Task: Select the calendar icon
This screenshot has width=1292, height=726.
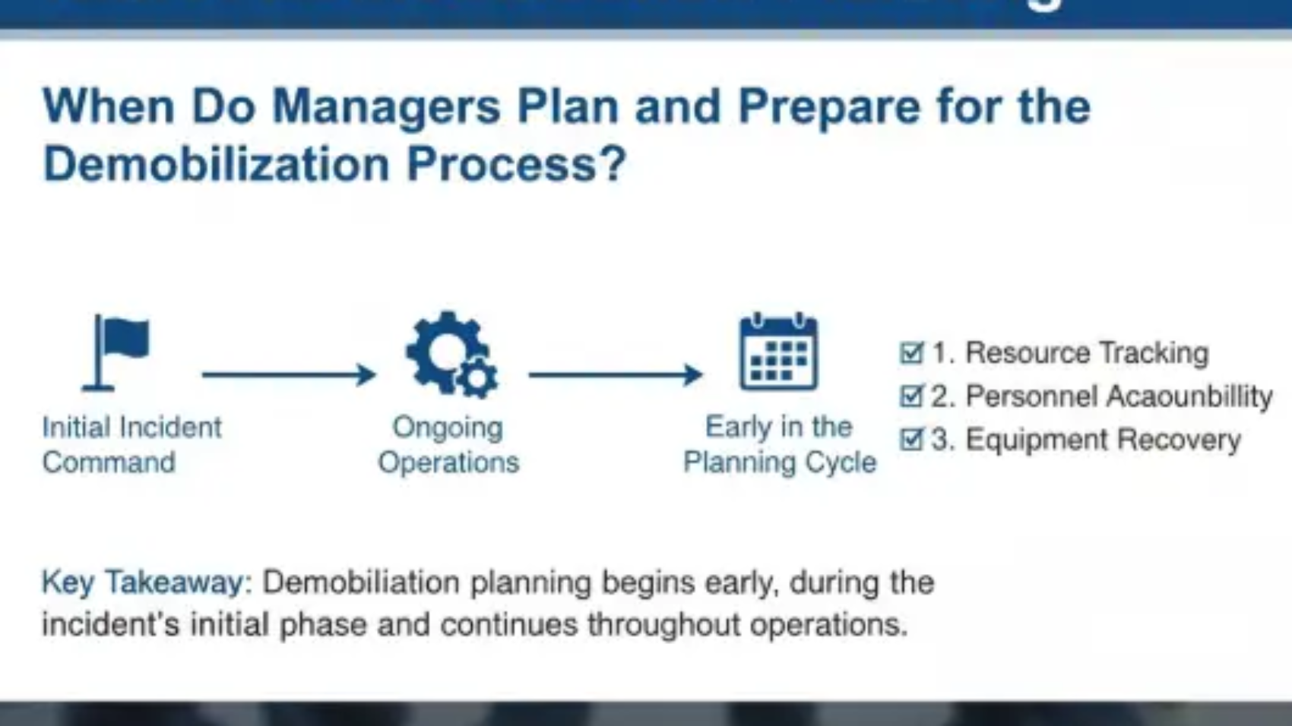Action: [779, 352]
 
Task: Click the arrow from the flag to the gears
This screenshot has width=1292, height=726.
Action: [289, 374]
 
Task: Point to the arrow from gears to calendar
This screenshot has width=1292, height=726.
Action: [616, 374]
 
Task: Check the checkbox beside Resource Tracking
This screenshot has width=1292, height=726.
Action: [911, 352]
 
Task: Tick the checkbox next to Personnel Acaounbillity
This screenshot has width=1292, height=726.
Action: [911, 396]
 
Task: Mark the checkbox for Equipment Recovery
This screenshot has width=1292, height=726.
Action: [911, 439]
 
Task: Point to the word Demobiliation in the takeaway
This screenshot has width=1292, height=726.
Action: [361, 582]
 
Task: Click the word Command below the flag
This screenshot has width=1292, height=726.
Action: [109, 462]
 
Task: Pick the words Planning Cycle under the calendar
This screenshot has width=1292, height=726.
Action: [780, 462]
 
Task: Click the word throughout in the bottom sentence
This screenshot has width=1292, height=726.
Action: [663, 624]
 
